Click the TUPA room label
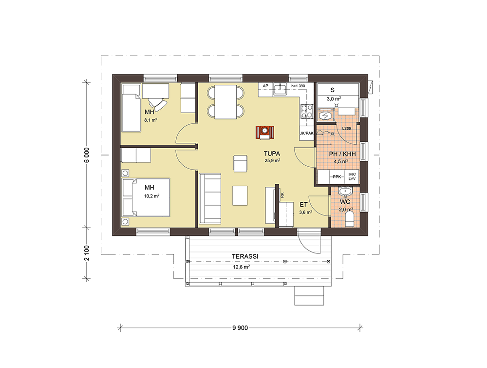[272, 154]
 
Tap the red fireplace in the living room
[265, 133]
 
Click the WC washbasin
[345, 192]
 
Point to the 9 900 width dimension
[240, 328]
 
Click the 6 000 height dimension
[87, 155]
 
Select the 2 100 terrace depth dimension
[87, 253]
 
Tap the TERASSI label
[245, 256]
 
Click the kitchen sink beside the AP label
[280, 89]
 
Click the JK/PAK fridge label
[306, 134]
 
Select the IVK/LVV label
[352, 176]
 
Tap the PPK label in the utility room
[337, 177]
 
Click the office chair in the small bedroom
[158, 103]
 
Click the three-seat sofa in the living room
[210, 198]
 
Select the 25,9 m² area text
[272, 161]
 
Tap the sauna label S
[332, 90]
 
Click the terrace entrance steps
[309, 295]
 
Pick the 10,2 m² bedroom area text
[151, 196]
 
